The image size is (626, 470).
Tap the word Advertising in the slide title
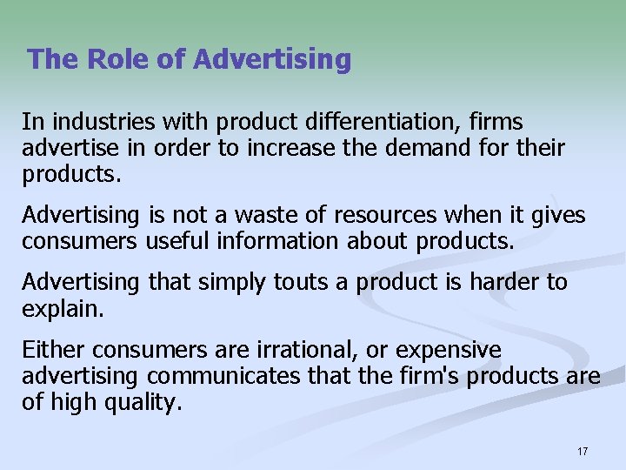[273, 60]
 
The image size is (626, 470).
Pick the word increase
[282, 148]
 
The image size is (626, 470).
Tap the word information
[279, 240]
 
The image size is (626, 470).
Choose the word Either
[54, 350]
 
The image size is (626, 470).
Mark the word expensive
[449, 350]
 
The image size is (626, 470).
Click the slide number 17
[582, 451]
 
